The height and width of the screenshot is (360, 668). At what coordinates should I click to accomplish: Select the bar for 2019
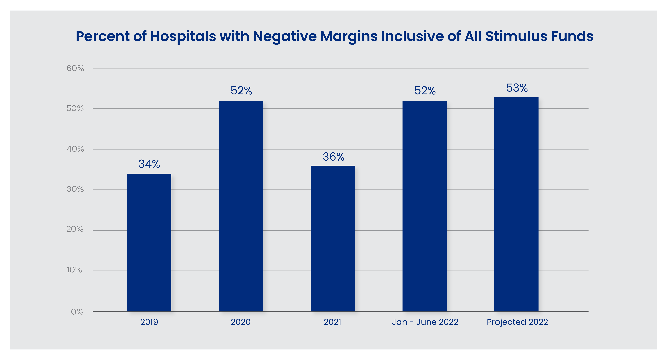point(149,242)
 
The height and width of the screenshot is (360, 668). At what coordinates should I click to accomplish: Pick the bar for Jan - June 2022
point(424,206)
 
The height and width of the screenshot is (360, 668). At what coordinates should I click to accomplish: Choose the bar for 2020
point(241,206)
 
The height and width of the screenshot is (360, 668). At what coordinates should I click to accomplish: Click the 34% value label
point(149,164)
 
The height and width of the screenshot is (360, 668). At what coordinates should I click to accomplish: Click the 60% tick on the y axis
point(75,69)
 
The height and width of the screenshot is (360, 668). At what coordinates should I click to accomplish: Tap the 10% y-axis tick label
point(74,270)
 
